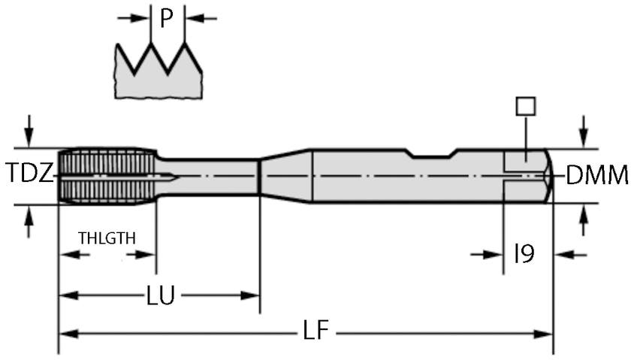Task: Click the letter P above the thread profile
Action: click(166, 19)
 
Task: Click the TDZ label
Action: click(30, 175)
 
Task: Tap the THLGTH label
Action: click(107, 238)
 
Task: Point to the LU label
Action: click(160, 296)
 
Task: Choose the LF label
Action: click(316, 331)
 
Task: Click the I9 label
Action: click(524, 254)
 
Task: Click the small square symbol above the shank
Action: click(526, 106)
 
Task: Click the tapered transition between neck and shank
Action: click(285, 175)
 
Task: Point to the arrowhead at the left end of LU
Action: click(66, 296)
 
